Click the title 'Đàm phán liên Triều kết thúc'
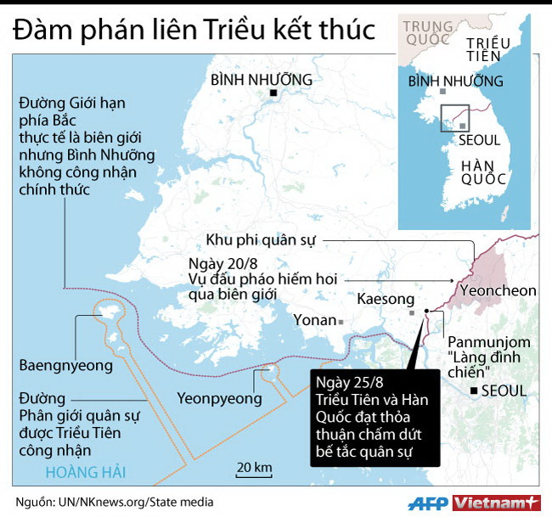point(194,30)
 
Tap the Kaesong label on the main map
point(386,299)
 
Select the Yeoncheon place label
point(497,291)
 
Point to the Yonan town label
point(313,321)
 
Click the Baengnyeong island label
point(65,366)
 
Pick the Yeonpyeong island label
point(220,396)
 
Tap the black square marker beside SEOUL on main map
point(474,391)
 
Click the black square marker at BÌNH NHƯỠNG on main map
point(273,93)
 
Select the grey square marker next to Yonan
point(340,322)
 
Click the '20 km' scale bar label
point(254,468)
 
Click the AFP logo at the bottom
point(428,503)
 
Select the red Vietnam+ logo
point(497,503)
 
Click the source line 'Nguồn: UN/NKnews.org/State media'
point(115,503)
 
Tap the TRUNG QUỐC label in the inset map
point(429,33)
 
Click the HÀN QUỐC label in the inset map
point(483,171)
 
